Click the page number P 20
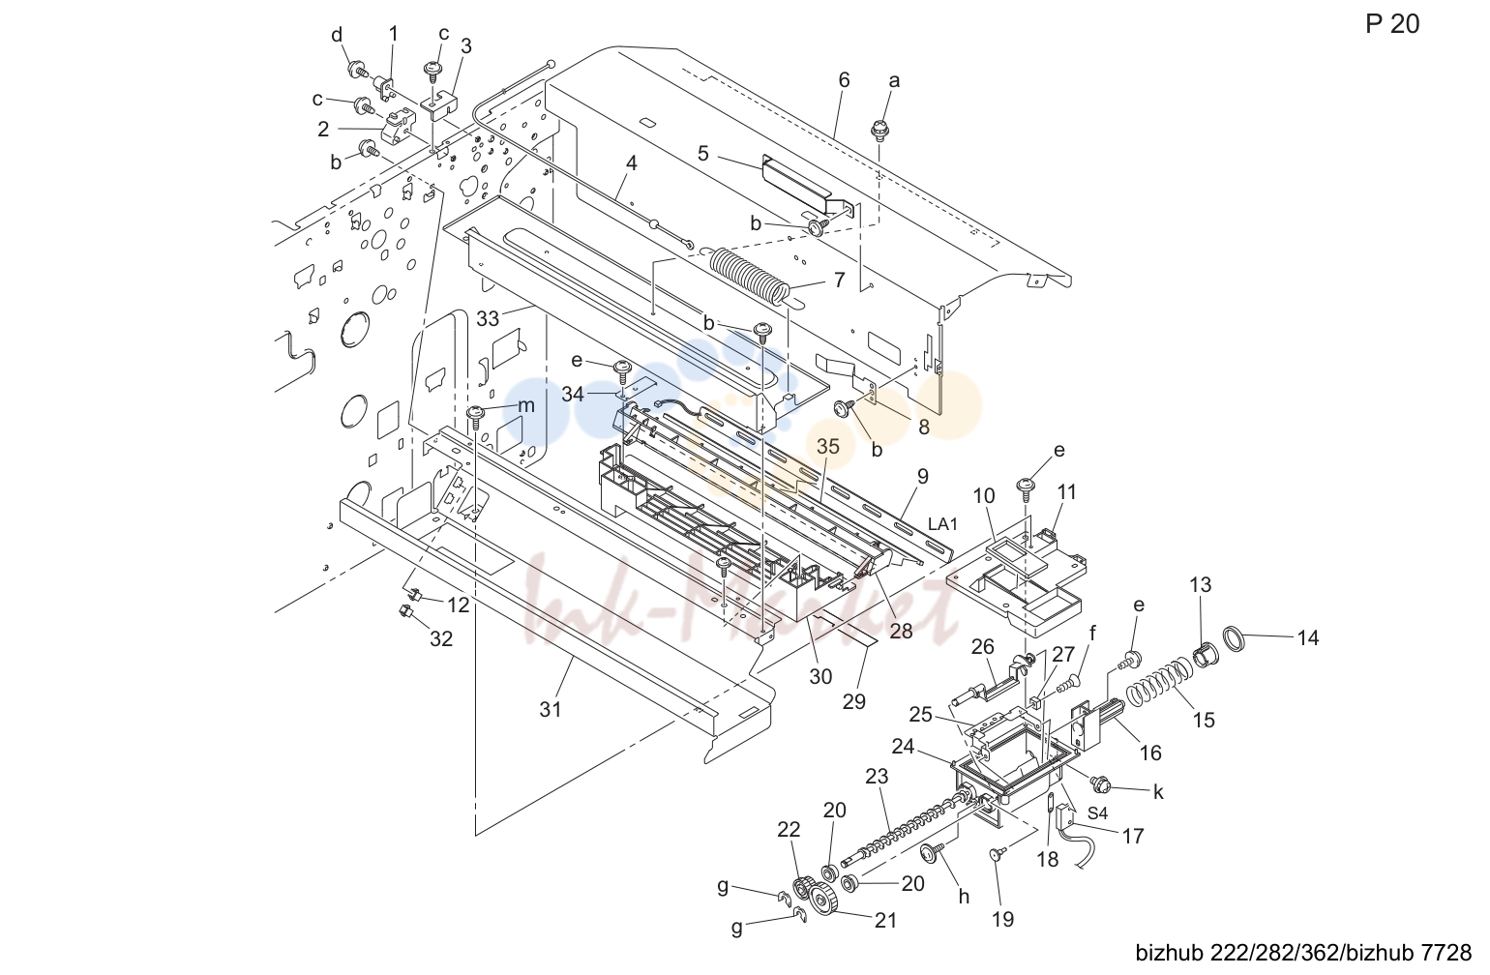[1392, 24]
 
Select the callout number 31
[551, 710]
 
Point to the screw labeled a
[879, 130]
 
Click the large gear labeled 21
[823, 901]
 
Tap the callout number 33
[488, 318]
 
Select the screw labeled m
[476, 416]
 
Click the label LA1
[942, 524]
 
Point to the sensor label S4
[1097, 813]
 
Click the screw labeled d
[359, 69]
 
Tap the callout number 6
[844, 80]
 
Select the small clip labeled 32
[403, 610]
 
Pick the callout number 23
[877, 776]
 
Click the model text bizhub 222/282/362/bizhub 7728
[1304, 953]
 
